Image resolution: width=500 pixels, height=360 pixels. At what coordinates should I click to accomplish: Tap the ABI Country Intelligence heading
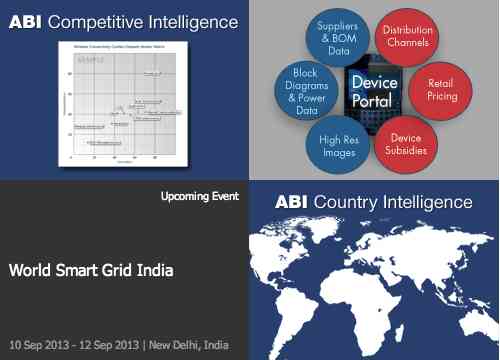point(373,202)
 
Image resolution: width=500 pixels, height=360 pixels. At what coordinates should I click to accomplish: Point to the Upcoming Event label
point(199,196)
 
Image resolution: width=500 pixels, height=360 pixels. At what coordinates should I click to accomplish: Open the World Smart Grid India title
point(91,270)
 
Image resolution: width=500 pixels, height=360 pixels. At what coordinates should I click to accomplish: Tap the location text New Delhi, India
point(189,345)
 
